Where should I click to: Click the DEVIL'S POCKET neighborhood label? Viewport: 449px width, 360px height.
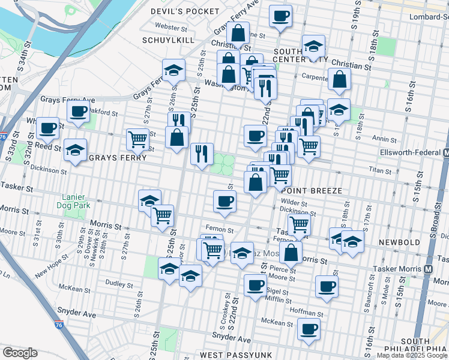click(177, 11)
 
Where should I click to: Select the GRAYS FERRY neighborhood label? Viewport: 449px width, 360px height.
click(118, 158)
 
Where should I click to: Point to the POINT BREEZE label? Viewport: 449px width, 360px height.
click(312, 190)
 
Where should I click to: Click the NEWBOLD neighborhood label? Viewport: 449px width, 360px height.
click(400, 242)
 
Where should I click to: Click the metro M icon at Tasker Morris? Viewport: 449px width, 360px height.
click(429, 269)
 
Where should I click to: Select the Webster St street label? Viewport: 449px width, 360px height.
click(172, 27)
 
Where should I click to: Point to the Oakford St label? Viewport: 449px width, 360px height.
click(100, 110)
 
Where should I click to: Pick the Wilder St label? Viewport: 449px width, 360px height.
click(294, 203)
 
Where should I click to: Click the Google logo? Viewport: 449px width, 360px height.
click(20, 353)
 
